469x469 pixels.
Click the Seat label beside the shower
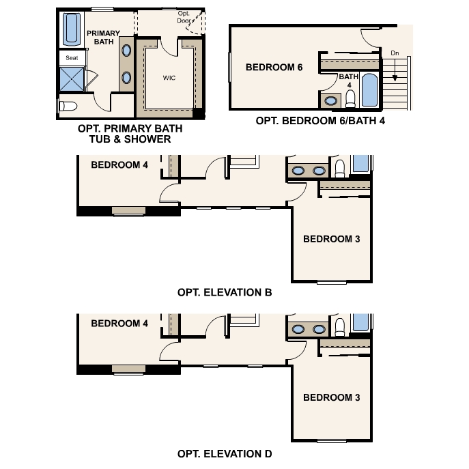point(72,59)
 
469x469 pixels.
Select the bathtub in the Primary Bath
point(72,29)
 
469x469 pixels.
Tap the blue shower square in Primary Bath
point(72,80)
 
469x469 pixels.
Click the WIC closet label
point(169,78)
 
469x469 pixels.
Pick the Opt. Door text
point(185,17)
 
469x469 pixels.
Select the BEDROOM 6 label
point(274,67)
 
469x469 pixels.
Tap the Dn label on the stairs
point(395,52)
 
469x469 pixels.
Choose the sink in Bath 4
point(331,100)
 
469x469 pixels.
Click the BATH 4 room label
point(348,81)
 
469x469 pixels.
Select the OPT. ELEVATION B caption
point(225,292)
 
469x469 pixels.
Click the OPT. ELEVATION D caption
point(225,453)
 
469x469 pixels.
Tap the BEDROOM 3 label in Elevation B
point(331,239)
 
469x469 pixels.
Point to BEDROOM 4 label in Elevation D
point(119,324)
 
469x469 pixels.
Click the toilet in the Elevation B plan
point(339,169)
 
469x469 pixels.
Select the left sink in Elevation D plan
point(299,330)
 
